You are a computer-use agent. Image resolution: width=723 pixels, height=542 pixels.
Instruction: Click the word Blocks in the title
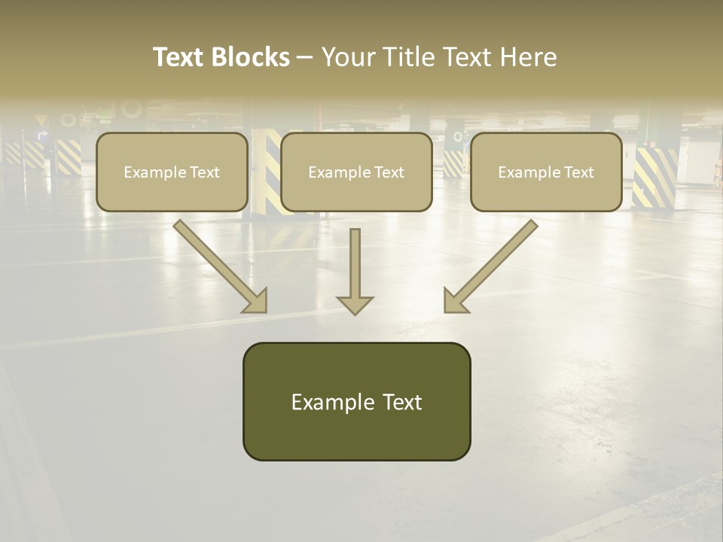(252, 57)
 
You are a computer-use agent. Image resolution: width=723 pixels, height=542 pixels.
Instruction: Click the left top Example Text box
(172, 172)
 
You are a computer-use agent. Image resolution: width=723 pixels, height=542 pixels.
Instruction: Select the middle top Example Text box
(356, 172)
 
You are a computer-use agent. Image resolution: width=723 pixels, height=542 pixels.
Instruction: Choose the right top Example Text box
(546, 172)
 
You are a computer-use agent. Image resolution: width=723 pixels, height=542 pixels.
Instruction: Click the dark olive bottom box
(356, 401)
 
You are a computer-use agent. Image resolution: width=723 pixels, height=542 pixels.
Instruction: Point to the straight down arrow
(355, 271)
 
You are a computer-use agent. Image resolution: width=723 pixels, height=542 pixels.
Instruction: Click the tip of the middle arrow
(355, 313)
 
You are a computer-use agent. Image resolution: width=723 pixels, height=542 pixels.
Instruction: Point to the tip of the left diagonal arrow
(265, 311)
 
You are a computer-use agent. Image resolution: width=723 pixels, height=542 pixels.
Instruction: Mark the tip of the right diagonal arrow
(445, 311)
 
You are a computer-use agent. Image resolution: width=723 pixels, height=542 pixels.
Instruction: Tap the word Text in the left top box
(204, 172)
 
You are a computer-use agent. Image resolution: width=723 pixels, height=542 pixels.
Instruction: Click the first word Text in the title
(180, 57)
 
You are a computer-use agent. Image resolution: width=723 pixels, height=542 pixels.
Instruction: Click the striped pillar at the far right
(654, 177)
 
